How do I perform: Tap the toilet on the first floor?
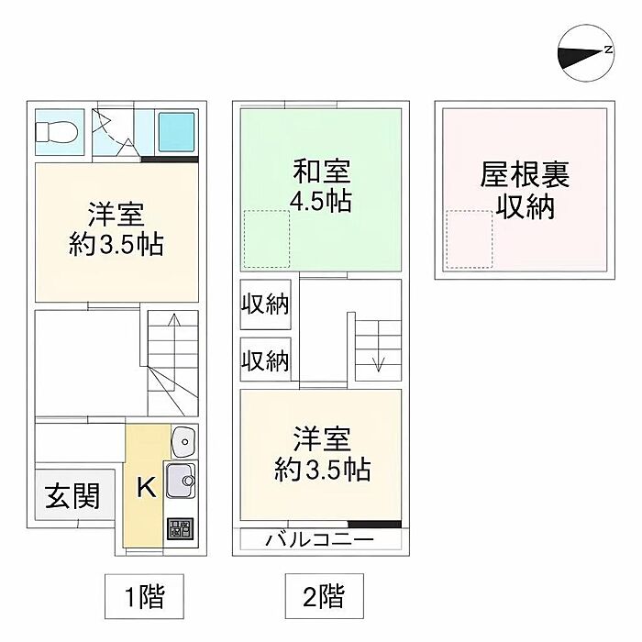coord(56,132)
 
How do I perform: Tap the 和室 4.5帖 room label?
coord(321,185)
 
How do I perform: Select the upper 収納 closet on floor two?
coord(265,304)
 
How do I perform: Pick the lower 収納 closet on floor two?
coord(265,360)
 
